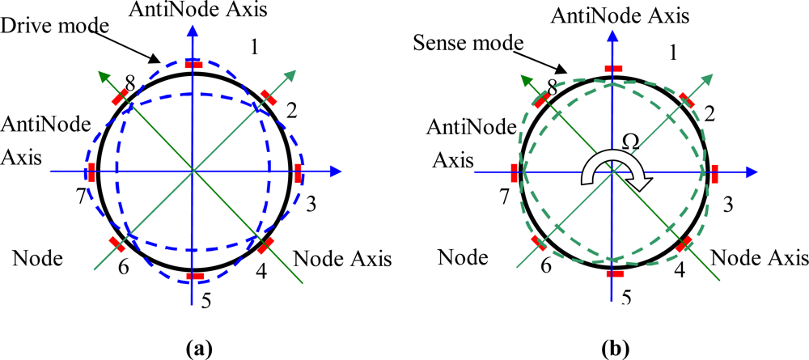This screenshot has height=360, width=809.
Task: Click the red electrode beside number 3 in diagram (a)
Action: click(298, 172)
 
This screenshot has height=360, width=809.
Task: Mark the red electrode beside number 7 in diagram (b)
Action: click(514, 172)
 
